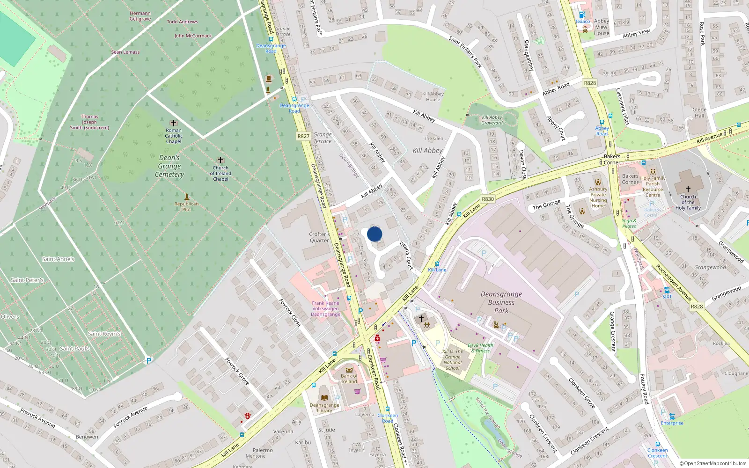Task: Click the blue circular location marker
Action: coord(374,234)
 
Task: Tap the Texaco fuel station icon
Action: coord(582,15)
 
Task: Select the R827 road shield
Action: coord(303,136)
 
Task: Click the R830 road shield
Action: coord(488,199)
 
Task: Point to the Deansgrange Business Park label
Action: coord(501,302)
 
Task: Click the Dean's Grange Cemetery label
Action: coord(169,166)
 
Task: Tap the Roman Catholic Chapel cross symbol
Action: coord(173,123)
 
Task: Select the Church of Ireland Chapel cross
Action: coord(220,160)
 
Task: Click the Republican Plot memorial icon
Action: coord(187,197)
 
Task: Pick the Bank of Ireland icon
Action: coord(349,370)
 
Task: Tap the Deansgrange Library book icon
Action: coord(324,398)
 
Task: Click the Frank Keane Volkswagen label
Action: coord(325,308)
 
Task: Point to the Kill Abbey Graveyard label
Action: coord(492,120)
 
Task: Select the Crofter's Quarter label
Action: coord(319,237)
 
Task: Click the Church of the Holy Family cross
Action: coord(688,189)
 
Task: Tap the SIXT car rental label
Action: coord(667,296)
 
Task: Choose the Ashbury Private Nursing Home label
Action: coord(598,197)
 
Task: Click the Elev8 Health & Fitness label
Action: coord(480,348)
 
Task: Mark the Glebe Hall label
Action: coord(699,112)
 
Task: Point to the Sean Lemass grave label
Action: coord(125,52)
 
